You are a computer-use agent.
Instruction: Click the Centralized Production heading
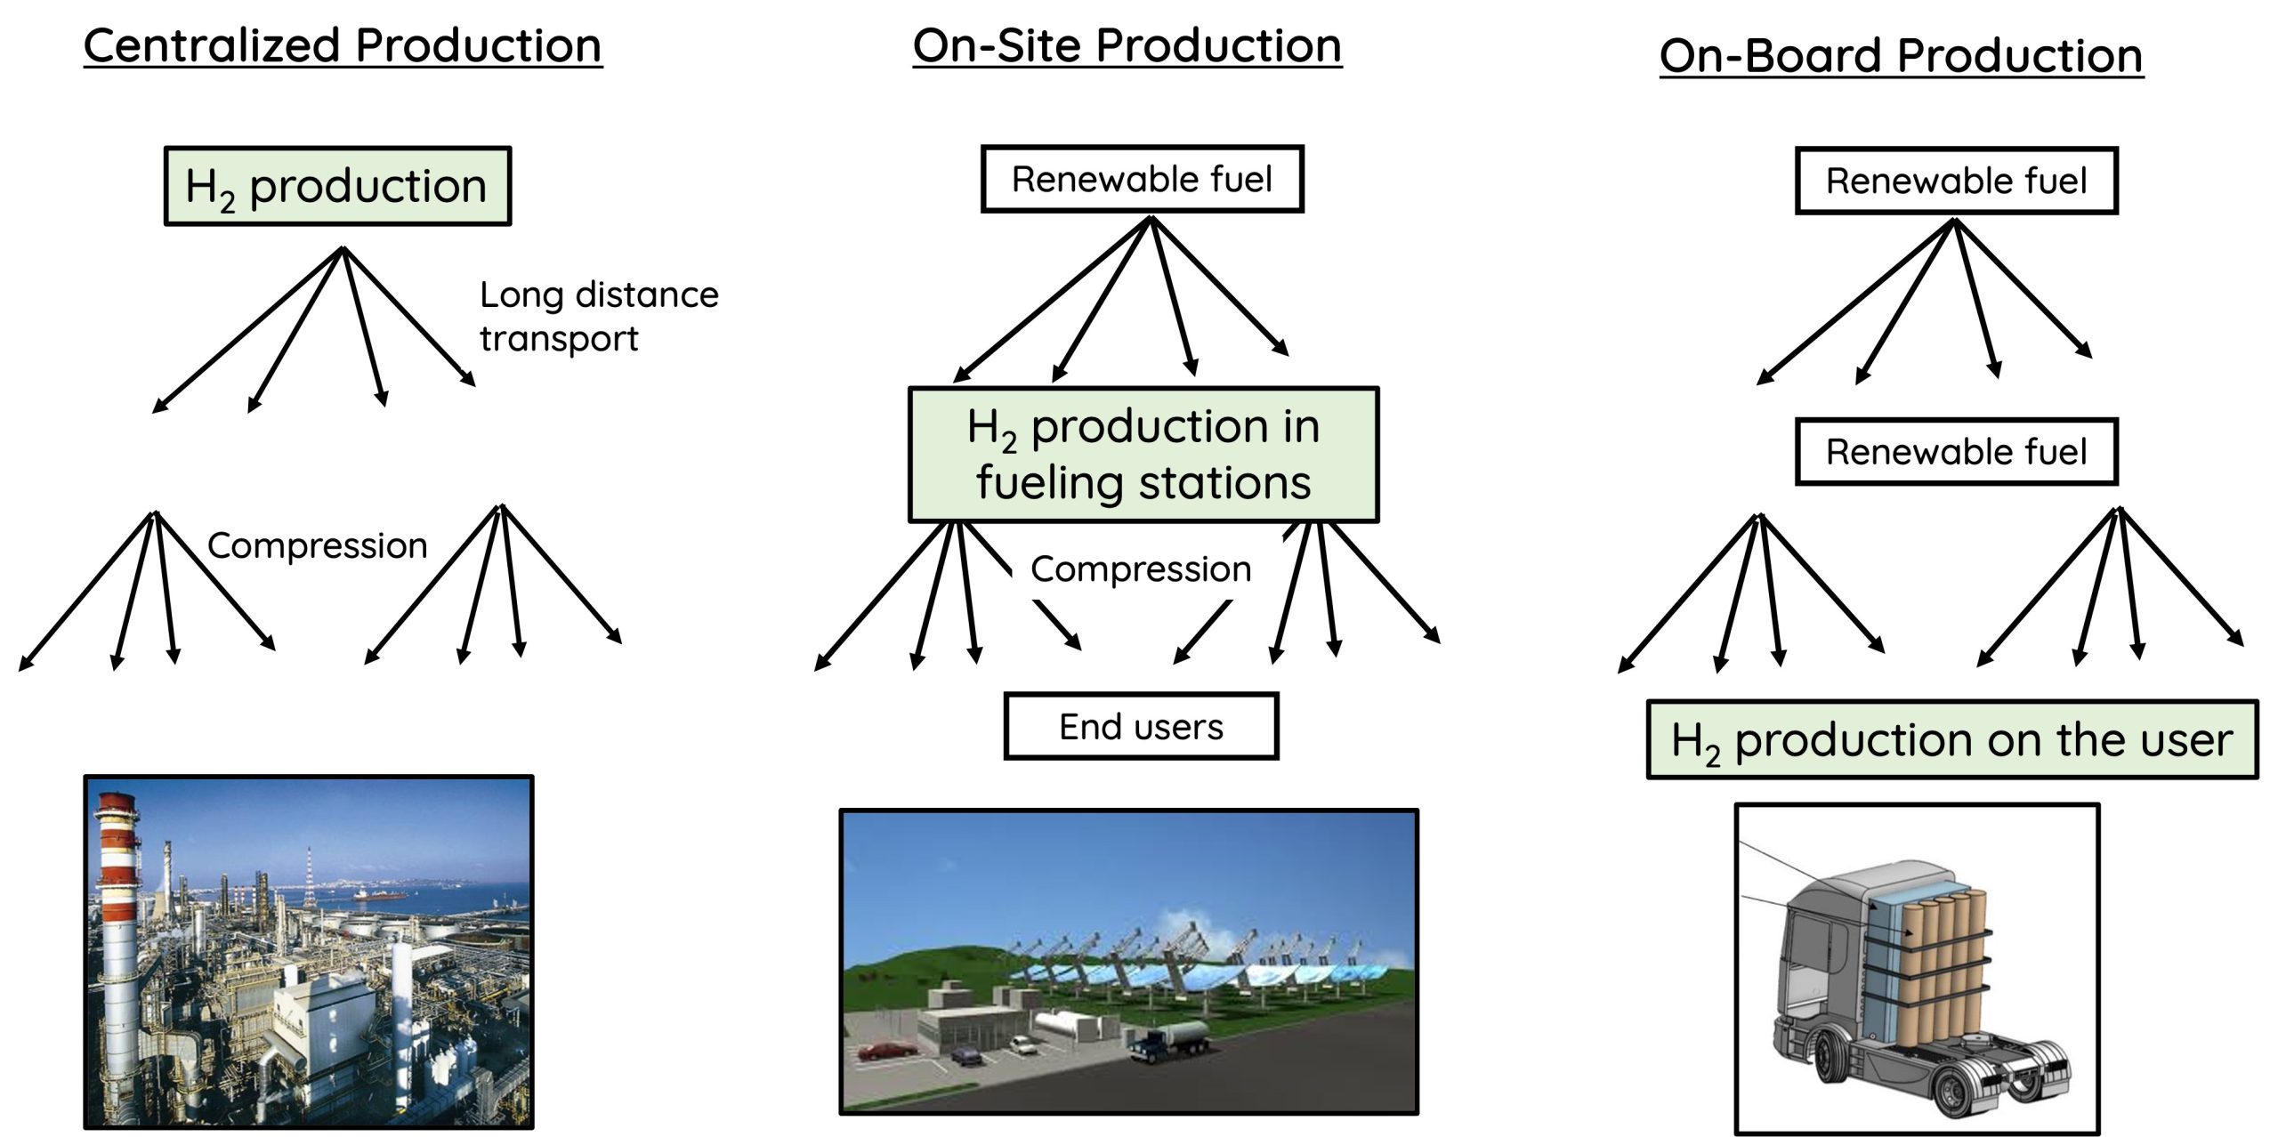click(343, 46)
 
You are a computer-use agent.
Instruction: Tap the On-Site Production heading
click(1127, 46)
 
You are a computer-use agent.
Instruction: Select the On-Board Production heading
click(1901, 56)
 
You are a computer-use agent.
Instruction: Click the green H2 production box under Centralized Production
click(337, 186)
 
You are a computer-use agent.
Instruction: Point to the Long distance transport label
click(598, 316)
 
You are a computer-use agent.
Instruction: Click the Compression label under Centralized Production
click(317, 545)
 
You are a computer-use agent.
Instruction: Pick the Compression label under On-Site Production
click(1141, 569)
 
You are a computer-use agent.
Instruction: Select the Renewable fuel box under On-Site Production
click(1142, 180)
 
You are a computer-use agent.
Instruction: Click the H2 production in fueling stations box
click(1143, 455)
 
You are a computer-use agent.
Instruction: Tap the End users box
click(1141, 727)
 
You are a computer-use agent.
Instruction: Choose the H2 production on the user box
click(1952, 740)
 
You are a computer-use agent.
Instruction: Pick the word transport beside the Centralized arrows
click(559, 339)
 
